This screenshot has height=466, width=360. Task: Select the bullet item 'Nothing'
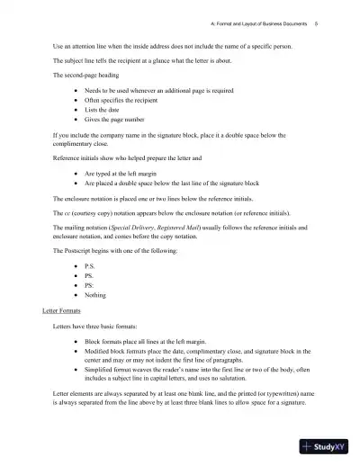click(95, 294)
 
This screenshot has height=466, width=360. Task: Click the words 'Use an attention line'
click(81, 43)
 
